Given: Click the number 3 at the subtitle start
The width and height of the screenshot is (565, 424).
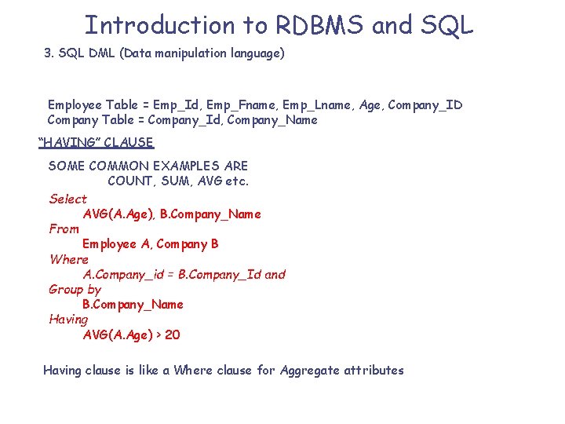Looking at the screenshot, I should click(48, 54).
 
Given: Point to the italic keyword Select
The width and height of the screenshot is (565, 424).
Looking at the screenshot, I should click(68, 199).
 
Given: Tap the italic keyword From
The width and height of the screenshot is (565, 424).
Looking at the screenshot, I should click(64, 229).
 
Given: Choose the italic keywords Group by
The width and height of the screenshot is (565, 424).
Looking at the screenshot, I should click(75, 290).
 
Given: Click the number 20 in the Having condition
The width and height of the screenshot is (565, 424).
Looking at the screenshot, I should click(173, 335).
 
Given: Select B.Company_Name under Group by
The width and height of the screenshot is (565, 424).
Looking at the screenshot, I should click(133, 305).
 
